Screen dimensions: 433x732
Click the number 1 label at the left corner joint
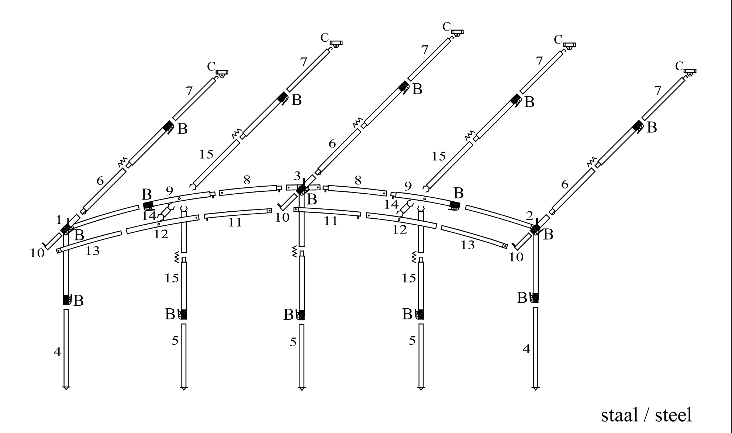[x=59, y=220]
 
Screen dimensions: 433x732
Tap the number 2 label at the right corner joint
[x=530, y=216]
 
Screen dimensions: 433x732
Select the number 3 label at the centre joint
[x=297, y=176]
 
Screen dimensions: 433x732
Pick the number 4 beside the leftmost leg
[x=57, y=352]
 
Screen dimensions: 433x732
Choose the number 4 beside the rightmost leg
[x=526, y=349]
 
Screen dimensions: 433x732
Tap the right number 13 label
[x=467, y=245]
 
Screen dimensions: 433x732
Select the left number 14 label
[x=149, y=216]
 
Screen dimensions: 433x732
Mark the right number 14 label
[x=391, y=204]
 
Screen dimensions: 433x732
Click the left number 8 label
[x=247, y=180]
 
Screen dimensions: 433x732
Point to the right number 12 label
[x=399, y=230]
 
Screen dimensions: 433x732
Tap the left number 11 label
[x=235, y=222]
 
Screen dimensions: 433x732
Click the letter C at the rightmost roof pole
[x=680, y=66]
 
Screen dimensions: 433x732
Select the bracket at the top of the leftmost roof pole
[x=222, y=73]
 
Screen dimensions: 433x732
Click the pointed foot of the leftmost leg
[x=66, y=388]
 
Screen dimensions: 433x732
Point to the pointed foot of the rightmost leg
[x=535, y=388]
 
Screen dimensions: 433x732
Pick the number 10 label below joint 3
[x=282, y=218]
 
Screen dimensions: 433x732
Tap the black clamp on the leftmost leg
[x=67, y=299]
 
